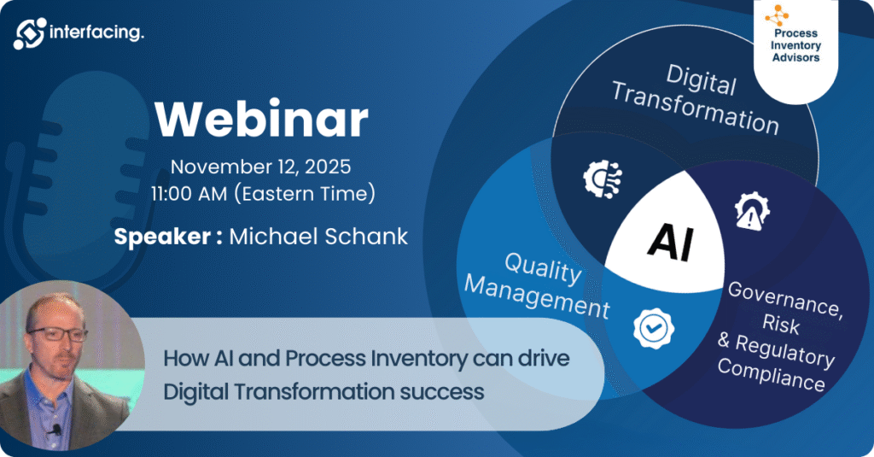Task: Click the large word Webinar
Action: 261,120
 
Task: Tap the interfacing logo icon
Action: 30,33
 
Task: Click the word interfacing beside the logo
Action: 96,32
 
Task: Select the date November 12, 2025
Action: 261,167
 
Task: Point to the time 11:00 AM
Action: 189,194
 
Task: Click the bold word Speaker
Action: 162,237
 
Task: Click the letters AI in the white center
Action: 671,242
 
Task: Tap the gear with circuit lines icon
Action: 603,179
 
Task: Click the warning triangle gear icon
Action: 752,210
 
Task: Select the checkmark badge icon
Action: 654,328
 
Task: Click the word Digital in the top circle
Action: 702,79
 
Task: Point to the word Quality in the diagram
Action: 543,268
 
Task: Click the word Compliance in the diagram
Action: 771,374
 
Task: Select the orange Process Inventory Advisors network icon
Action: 777,15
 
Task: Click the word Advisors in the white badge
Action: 796,57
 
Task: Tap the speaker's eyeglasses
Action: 58,333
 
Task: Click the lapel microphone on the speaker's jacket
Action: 55,430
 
